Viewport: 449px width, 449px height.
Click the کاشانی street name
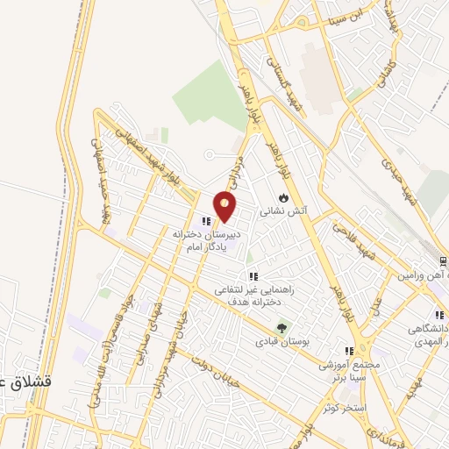click(387, 74)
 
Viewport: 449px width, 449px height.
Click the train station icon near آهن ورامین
click(442, 260)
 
